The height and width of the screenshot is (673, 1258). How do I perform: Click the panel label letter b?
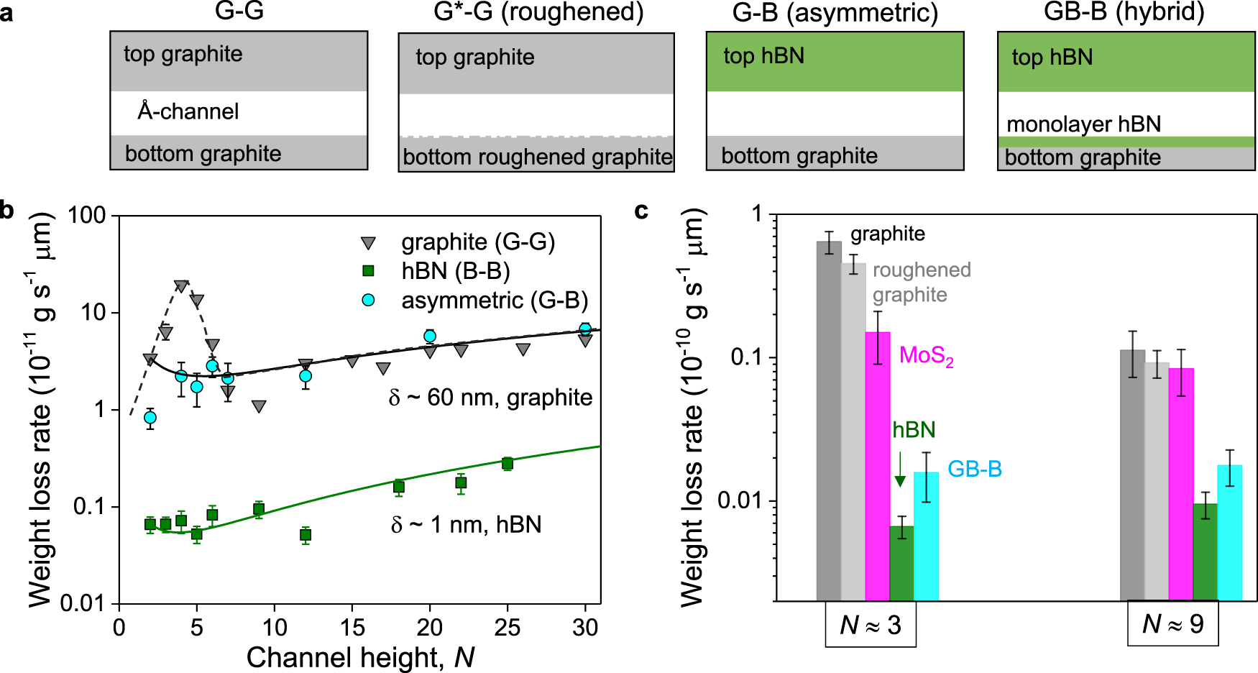click(6, 210)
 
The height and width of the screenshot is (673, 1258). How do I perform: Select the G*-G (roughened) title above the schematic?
click(538, 12)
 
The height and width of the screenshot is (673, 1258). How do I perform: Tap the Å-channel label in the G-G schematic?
click(188, 111)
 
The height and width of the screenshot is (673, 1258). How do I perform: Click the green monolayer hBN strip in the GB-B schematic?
click(1126, 142)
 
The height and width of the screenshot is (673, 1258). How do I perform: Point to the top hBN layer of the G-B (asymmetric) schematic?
click(835, 61)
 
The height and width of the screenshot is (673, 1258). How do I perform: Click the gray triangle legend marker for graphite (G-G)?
click(368, 243)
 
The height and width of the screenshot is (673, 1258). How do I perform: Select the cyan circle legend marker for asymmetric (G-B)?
click(368, 300)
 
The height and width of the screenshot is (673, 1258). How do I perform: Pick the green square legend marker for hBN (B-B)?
click(368, 271)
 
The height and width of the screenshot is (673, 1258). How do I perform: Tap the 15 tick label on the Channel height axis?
click(352, 628)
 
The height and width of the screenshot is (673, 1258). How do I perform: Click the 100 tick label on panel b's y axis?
click(87, 215)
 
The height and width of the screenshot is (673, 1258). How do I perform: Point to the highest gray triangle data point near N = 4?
click(181, 286)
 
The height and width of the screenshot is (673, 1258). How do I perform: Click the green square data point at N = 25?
click(508, 463)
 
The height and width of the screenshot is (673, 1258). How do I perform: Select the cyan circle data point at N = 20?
click(430, 336)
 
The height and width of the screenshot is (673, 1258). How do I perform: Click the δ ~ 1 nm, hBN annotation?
click(466, 525)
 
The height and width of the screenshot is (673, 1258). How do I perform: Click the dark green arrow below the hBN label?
click(899, 470)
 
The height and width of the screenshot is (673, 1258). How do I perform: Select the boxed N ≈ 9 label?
click(1172, 623)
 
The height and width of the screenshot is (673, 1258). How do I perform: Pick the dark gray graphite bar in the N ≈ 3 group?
click(829, 421)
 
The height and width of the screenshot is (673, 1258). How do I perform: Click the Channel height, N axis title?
click(360, 657)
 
